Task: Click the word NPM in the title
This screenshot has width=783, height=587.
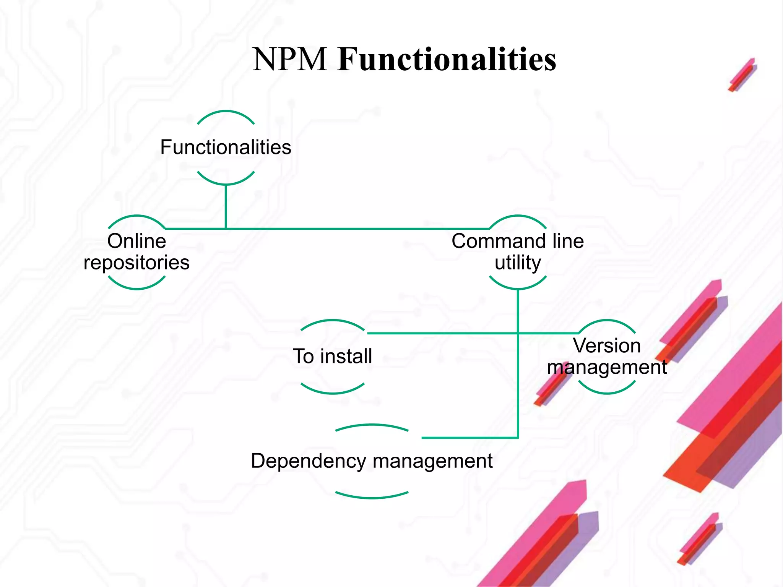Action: click(x=289, y=59)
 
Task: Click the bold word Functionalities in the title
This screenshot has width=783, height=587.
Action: click(x=447, y=59)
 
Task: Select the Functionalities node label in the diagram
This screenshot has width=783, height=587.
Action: click(x=226, y=147)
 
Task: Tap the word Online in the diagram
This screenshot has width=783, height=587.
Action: click(x=136, y=241)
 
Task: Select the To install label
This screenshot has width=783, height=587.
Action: click(x=332, y=356)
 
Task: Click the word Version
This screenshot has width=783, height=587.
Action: click(x=607, y=346)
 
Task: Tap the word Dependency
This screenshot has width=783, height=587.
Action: click(x=309, y=461)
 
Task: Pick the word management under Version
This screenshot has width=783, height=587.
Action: click(x=607, y=368)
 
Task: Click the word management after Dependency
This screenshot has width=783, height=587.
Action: click(x=432, y=461)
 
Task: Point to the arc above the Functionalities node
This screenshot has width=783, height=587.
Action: click(x=226, y=112)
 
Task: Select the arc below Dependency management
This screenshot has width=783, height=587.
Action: click(x=372, y=497)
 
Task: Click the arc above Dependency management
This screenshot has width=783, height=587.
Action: click(x=372, y=425)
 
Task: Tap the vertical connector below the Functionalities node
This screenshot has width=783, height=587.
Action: click(x=226, y=206)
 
